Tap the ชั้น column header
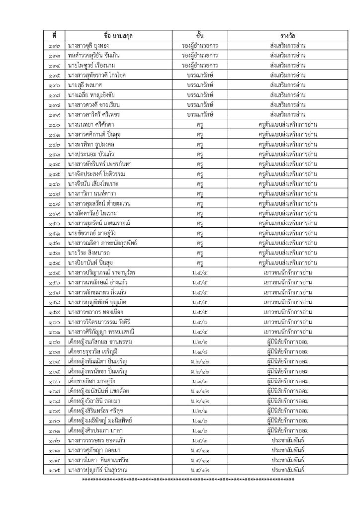point(199,36)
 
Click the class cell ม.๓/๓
point(199,367)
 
